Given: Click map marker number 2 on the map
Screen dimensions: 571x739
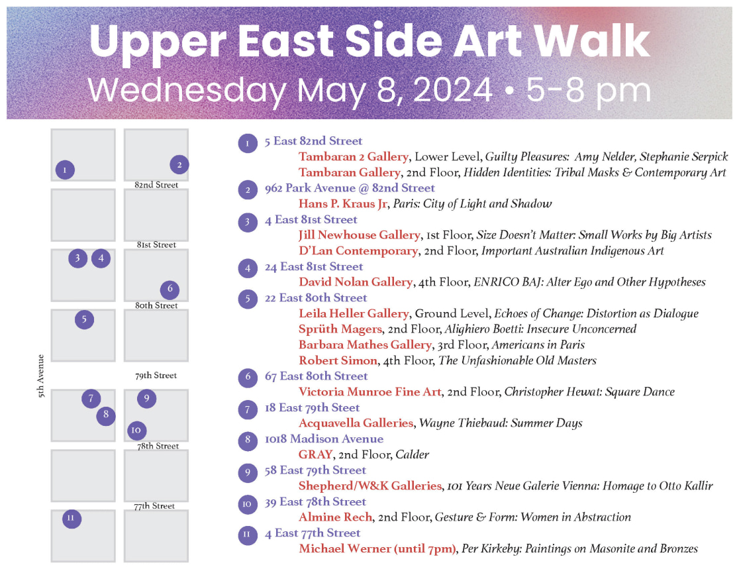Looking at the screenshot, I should pos(179,165).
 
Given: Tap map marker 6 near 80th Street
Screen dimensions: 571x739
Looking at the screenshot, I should pos(170,289).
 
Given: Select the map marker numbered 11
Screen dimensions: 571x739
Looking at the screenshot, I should pos(72,519).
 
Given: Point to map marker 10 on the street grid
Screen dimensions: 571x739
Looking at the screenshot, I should pos(136,431).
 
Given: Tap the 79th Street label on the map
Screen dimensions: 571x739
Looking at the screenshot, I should pos(156,376).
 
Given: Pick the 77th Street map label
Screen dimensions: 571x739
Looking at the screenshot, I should pos(154,506).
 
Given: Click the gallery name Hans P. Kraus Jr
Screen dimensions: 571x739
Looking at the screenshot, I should pos(342,204).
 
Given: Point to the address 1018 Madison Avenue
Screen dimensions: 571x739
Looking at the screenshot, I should pos(324,439).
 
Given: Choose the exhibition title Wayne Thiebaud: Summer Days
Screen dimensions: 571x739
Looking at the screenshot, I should pos(500,423).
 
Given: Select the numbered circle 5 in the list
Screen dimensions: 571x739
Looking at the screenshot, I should pos(248,299).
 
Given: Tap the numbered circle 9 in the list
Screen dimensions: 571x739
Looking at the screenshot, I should pos(248,471).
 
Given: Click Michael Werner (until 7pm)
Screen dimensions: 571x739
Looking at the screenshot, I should pos(377,548).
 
